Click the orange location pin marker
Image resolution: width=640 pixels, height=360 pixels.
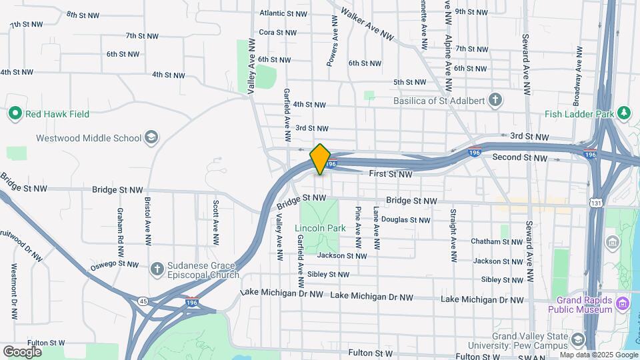(x=321, y=159)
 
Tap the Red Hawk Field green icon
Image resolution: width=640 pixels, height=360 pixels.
(x=15, y=114)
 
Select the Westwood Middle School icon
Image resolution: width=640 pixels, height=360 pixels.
(x=151, y=138)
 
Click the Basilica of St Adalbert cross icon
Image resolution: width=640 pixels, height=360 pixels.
(x=495, y=101)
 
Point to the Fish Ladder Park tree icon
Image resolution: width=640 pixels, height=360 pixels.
(x=624, y=114)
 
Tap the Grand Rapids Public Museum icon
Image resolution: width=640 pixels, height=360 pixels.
(x=623, y=305)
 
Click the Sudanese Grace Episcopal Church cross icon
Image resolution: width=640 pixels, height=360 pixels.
(x=157, y=269)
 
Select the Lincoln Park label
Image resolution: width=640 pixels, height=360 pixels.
(x=320, y=228)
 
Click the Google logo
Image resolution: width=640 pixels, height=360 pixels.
(x=22, y=351)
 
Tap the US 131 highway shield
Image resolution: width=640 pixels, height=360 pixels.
(x=595, y=201)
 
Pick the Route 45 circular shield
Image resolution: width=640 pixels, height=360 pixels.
(x=143, y=301)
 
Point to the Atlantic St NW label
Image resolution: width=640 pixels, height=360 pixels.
(x=283, y=13)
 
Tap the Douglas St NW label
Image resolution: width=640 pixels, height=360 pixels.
(x=411, y=220)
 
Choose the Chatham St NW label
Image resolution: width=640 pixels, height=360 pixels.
(x=495, y=241)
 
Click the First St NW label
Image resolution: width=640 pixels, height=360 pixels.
(x=391, y=174)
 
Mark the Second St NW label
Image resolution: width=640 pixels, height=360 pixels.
(x=519, y=158)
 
